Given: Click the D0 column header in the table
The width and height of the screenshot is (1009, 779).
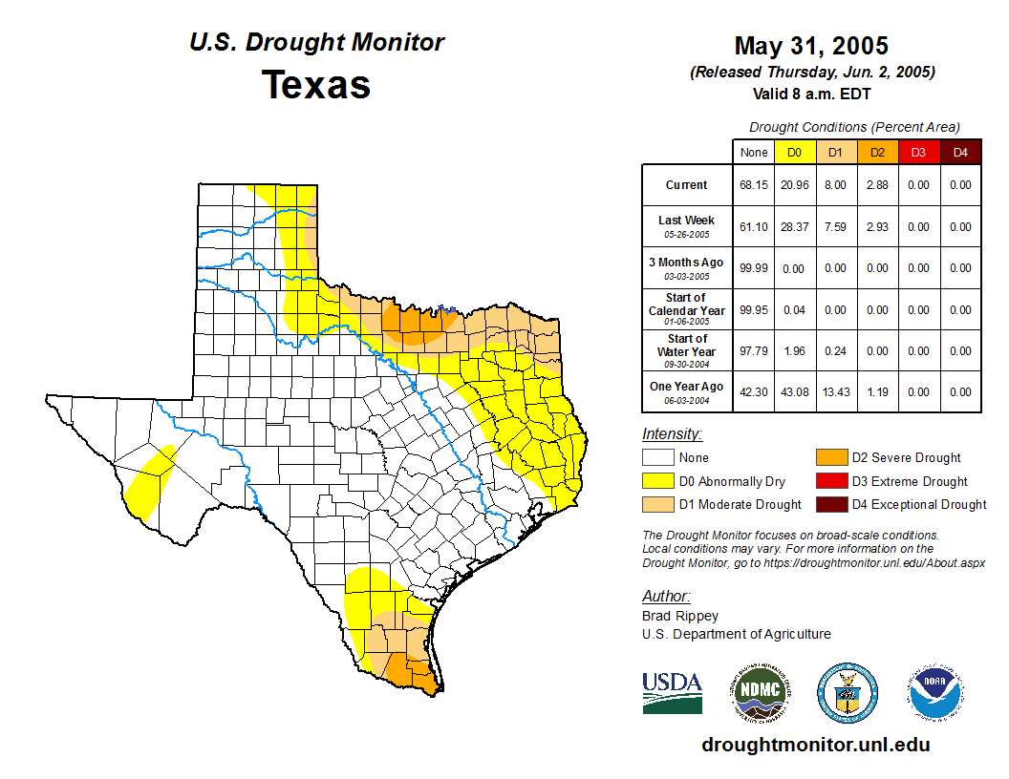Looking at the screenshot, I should [x=794, y=152].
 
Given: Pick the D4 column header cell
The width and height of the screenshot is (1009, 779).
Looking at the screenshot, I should [x=960, y=152].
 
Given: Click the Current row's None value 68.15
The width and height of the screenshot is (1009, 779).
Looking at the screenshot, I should [x=754, y=185].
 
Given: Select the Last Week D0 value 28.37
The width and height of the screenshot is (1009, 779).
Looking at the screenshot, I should [x=794, y=227].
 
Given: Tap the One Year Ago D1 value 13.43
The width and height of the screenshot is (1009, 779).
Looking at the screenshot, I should [x=835, y=391].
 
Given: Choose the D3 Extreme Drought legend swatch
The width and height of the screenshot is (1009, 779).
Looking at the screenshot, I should [x=830, y=481].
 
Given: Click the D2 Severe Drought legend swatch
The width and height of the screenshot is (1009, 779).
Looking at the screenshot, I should [x=830, y=457].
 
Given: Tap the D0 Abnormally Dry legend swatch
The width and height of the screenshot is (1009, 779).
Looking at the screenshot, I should [x=657, y=481].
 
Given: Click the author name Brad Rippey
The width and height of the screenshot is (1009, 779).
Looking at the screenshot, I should [x=680, y=616].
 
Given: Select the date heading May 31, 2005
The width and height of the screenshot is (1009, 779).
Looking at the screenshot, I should [x=811, y=45].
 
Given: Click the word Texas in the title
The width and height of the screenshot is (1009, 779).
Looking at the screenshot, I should [x=316, y=84].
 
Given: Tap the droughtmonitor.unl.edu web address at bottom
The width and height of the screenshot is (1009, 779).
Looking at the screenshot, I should [x=815, y=745].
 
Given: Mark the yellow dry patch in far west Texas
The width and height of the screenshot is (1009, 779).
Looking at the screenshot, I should [x=149, y=475].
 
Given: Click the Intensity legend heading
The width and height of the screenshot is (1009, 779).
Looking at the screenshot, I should [x=672, y=434].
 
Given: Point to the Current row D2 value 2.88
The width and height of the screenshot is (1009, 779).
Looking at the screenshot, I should [x=877, y=185].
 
